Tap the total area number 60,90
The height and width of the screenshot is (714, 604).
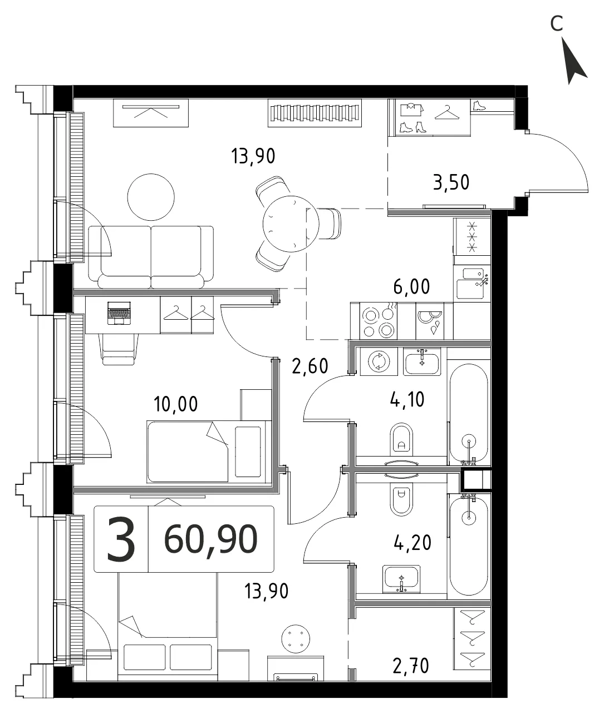pos(211,539)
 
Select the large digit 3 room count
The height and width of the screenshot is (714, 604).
pos(121,539)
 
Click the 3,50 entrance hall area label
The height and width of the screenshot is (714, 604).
pos(451,182)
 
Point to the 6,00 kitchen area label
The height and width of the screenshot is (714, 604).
pos(411,286)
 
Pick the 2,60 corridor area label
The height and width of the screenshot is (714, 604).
pos(310,366)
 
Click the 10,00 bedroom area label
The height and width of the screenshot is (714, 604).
pos(176,404)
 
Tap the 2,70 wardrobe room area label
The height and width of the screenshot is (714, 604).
pos(410,666)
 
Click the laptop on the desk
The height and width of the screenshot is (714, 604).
pos(119,313)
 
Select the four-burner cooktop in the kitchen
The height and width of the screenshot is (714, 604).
pos(379,321)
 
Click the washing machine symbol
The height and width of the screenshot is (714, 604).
pos(379,361)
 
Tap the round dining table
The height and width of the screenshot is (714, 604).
pos(291,224)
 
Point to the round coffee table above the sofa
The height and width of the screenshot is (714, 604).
pos(151,197)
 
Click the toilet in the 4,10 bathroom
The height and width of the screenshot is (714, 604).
pos(401,439)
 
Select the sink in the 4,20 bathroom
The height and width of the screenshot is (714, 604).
pos(401,578)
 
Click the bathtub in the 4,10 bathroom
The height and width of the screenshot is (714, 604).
pos(468,413)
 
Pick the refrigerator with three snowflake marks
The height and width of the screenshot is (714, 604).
pos(472,237)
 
